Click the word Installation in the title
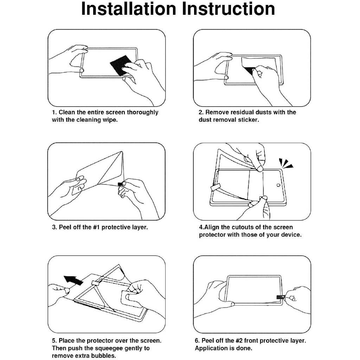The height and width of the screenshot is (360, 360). coord(129,9)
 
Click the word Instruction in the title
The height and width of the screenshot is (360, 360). coord(229,9)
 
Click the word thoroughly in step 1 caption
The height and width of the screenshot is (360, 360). coord(143,112)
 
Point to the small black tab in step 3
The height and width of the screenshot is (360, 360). coord(120,184)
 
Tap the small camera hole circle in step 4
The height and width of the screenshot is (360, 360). coord(278,185)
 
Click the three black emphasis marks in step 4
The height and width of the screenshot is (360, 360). coord(285,163)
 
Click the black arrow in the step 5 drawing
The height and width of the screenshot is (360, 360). coord(73,279)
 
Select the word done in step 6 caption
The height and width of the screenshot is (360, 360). coord(244,348)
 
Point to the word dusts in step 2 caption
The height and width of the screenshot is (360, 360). coord(260,112)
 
